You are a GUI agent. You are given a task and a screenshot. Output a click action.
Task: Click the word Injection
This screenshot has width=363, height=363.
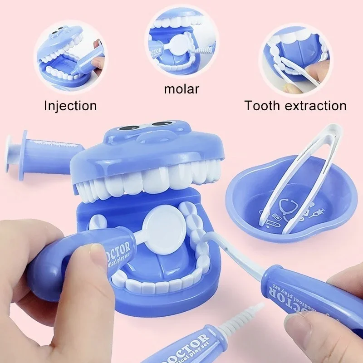[x=70, y=106]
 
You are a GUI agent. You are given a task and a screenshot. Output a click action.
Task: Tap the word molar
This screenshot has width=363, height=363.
[x=181, y=88]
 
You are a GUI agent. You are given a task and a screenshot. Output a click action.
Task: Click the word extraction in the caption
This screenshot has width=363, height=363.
[x=317, y=106]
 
